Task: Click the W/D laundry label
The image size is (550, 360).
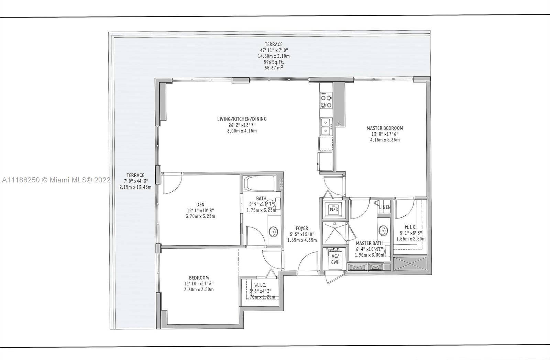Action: pyautogui.click(x=334, y=209)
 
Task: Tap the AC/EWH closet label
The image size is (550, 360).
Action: pyautogui.click(x=335, y=259)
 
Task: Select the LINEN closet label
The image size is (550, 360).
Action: pyautogui.click(x=385, y=207)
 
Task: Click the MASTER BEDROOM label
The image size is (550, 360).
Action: pyautogui.click(x=385, y=128)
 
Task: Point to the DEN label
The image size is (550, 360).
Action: pyautogui.click(x=200, y=204)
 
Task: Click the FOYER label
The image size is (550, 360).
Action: pyautogui.click(x=302, y=228)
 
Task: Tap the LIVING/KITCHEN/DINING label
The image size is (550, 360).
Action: pyautogui.click(x=242, y=119)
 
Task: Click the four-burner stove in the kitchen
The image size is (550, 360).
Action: pyautogui.click(x=326, y=101)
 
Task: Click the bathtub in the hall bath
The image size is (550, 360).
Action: pyautogui.click(x=261, y=183)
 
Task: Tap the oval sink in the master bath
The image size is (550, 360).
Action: pyautogui.click(x=383, y=230)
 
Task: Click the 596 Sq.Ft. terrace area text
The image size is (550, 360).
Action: pyautogui.click(x=274, y=62)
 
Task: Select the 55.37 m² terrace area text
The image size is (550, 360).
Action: pyautogui.click(x=274, y=67)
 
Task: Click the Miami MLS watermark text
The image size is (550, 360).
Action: pyautogui.click(x=56, y=180)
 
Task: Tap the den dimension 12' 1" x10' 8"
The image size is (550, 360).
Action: pyautogui.click(x=200, y=211)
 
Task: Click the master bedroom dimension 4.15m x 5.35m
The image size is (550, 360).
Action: pyautogui.click(x=385, y=140)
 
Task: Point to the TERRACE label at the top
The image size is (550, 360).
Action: pyautogui.click(x=274, y=44)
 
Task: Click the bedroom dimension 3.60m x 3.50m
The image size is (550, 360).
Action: pyautogui.click(x=199, y=290)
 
